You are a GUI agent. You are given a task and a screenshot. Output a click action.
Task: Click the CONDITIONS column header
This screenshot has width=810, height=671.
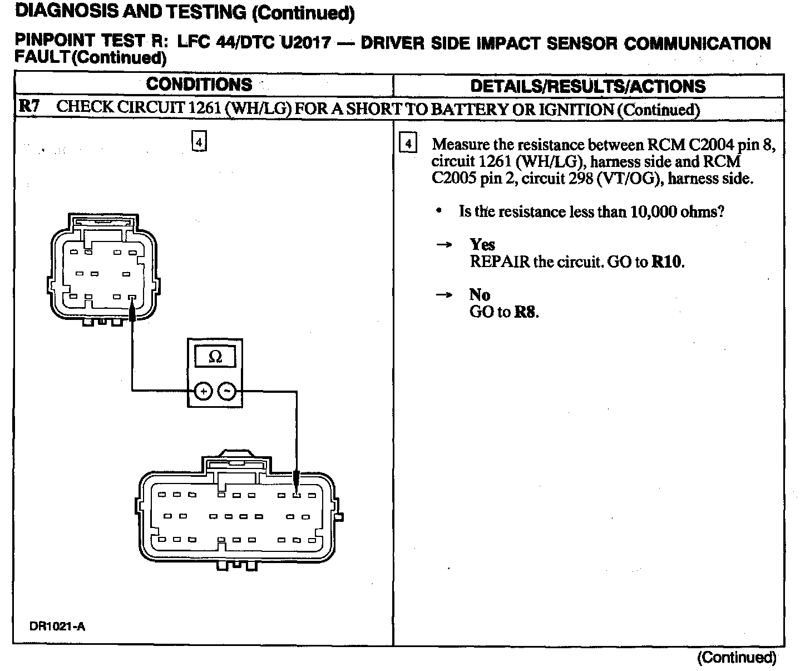(x=199, y=85)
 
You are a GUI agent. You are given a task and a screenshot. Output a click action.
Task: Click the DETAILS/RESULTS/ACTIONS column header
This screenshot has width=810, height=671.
(x=587, y=86)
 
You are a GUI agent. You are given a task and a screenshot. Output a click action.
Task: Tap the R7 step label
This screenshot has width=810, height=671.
(x=28, y=107)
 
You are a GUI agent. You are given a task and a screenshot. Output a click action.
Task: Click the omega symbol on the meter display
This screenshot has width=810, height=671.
(x=215, y=357)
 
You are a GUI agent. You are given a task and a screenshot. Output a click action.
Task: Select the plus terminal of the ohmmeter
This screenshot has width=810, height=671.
(x=204, y=392)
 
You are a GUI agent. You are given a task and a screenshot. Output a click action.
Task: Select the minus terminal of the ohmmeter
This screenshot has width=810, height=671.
(x=226, y=392)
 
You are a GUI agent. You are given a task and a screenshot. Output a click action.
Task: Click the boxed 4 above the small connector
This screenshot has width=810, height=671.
(x=199, y=142)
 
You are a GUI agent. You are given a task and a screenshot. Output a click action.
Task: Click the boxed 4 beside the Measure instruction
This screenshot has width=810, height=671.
(x=408, y=144)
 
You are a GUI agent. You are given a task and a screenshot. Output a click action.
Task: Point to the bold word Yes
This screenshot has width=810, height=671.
(x=482, y=244)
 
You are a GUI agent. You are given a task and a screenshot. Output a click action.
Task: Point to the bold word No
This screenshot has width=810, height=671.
(x=480, y=294)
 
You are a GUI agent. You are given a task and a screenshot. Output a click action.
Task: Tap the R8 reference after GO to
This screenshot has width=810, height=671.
(x=526, y=312)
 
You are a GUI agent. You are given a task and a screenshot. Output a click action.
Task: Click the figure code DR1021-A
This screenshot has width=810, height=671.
(x=57, y=626)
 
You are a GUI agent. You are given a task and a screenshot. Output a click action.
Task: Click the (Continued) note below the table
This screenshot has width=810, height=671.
(x=737, y=658)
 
